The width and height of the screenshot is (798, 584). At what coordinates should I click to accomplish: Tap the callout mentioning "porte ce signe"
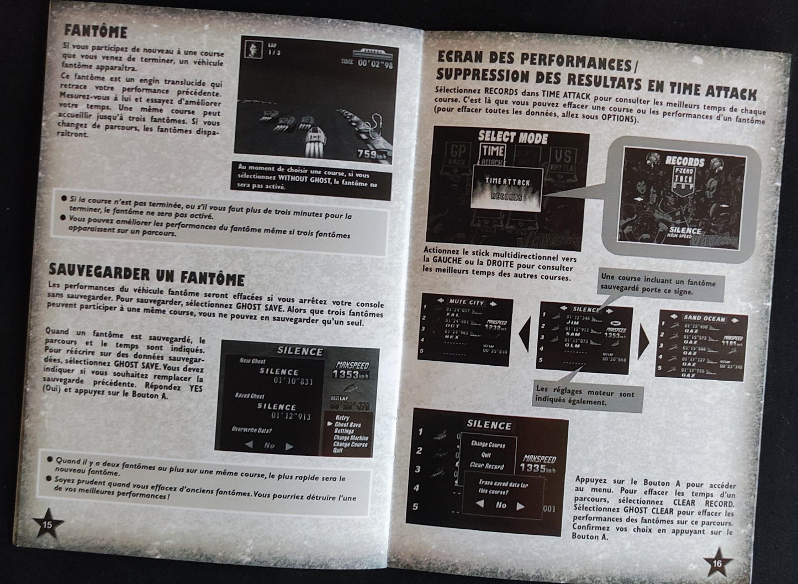(x=658, y=287)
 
